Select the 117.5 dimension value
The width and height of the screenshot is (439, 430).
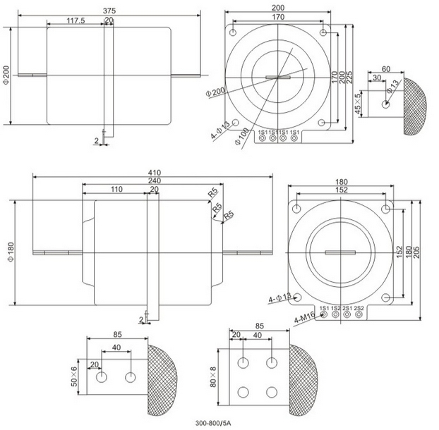coord(76,20)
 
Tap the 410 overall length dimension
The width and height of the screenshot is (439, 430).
coord(152,171)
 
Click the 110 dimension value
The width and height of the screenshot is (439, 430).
coord(116,190)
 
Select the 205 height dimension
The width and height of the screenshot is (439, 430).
coord(424,253)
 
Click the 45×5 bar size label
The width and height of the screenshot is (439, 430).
coord(359,103)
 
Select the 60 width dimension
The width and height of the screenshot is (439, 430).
coord(386,69)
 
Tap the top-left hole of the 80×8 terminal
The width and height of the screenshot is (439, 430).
coord(243,363)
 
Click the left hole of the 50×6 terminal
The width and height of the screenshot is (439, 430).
coord(102,377)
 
